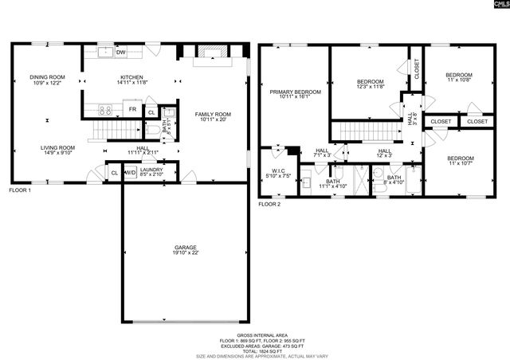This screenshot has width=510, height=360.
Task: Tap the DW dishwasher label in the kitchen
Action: point(121,53)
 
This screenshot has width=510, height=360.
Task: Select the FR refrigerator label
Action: point(133,109)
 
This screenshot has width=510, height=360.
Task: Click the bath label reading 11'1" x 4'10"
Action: point(332,184)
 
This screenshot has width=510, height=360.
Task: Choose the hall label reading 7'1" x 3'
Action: point(322,153)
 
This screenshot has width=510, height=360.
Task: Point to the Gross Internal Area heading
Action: point(256,335)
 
